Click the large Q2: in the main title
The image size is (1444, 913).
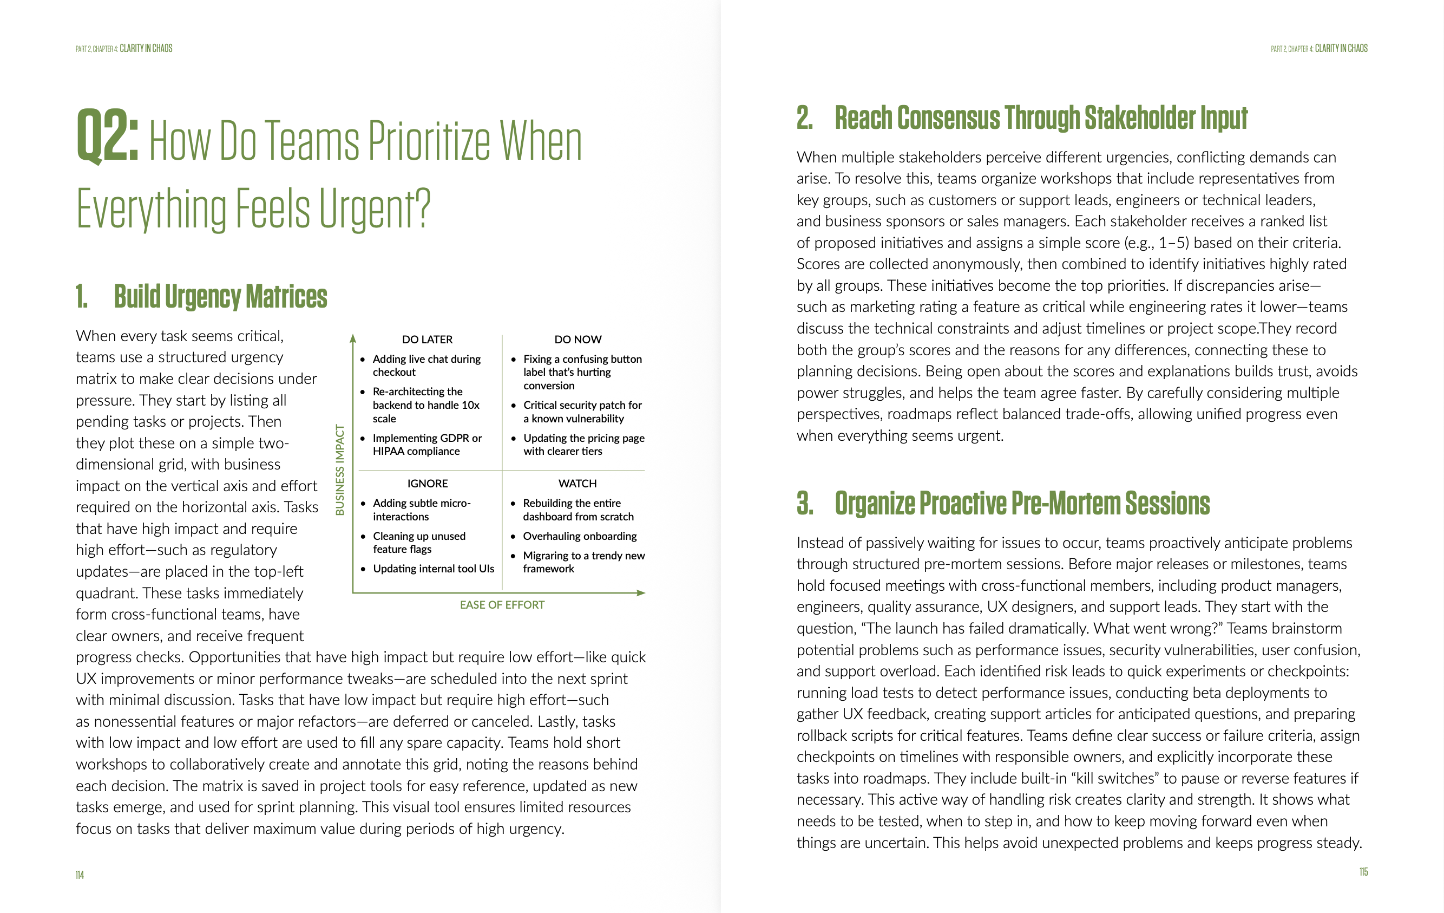pyautogui.click(x=107, y=137)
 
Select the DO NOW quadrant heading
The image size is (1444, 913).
pyautogui.click(x=577, y=340)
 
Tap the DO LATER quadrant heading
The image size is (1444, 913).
pyautogui.click(x=427, y=340)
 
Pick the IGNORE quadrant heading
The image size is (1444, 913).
pyautogui.click(x=427, y=484)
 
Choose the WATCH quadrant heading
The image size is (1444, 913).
pyautogui.click(x=577, y=484)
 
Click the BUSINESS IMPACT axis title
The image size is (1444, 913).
pyautogui.click(x=340, y=469)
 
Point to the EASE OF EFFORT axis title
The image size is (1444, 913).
pyautogui.click(x=502, y=605)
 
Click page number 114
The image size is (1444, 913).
pyautogui.click(x=80, y=875)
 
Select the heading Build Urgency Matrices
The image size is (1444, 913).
pyautogui.click(x=220, y=296)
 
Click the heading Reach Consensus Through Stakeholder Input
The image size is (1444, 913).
pyautogui.click(x=1040, y=118)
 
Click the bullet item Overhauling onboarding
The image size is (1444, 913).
pyautogui.click(x=579, y=536)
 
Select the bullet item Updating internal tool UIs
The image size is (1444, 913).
pyautogui.click(x=433, y=569)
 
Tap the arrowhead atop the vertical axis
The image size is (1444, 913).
pyautogui.click(x=353, y=338)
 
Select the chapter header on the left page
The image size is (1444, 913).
pyautogui.click(x=123, y=49)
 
